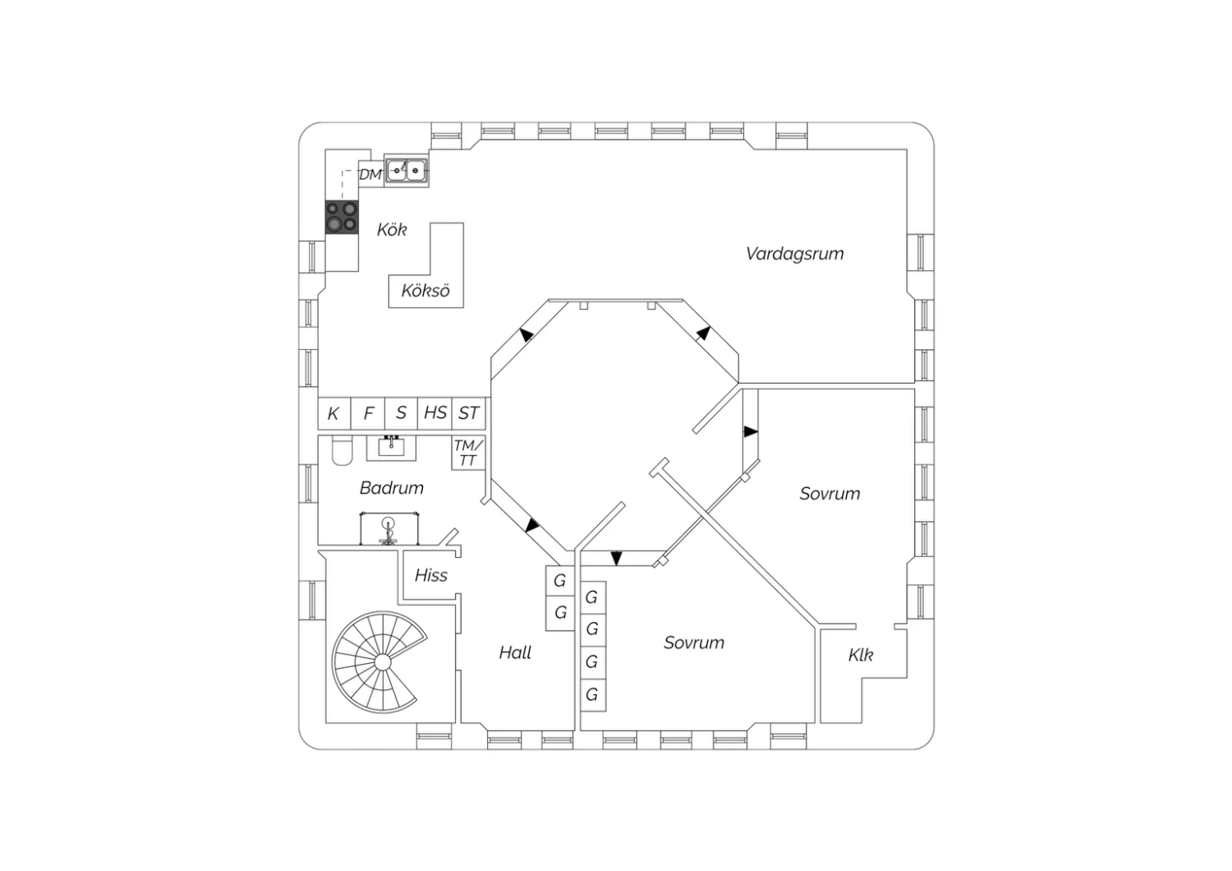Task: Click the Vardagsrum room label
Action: [x=795, y=254]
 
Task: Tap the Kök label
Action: [x=392, y=229]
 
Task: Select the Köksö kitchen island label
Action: [x=425, y=291]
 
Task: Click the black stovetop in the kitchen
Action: [x=342, y=217]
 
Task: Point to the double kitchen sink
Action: [x=406, y=171]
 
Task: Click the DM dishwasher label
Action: [x=370, y=174]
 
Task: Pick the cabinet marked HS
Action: [x=435, y=413]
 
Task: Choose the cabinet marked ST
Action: [x=469, y=413]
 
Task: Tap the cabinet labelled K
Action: [x=334, y=413]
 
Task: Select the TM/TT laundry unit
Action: [x=468, y=453]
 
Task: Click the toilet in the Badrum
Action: [x=342, y=450]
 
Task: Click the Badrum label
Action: [x=392, y=488]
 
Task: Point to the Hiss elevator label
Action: [x=430, y=575]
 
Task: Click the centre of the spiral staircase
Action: [x=382, y=662]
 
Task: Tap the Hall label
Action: [x=515, y=652]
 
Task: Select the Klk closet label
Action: [x=860, y=655]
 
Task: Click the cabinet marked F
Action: [x=368, y=413]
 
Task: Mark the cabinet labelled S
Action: [x=402, y=413]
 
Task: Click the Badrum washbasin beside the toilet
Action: [x=391, y=448]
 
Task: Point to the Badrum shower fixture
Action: [x=388, y=529]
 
